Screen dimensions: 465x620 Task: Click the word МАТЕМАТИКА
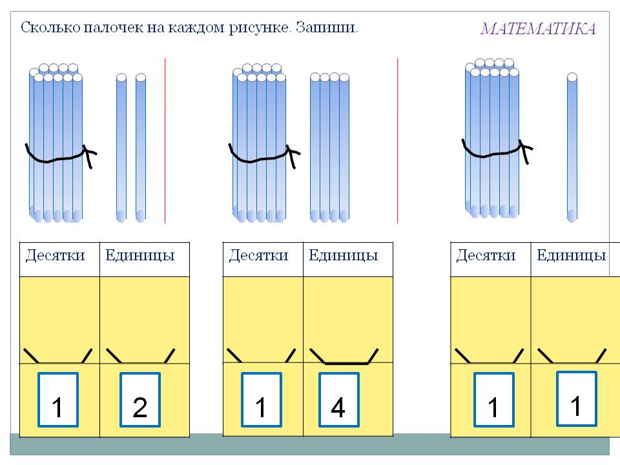tap(538, 29)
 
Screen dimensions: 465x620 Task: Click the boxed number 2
tap(140, 400)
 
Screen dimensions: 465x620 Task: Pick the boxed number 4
tap(338, 400)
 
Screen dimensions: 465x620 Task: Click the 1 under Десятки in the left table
tap(57, 400)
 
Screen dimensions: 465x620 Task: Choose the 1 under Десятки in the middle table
tap(261, 400)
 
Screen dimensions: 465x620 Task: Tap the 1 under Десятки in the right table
tap(493, 400)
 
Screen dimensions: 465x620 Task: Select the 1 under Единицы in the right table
tap(576, 398)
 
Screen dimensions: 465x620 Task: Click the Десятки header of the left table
tap(56, 255)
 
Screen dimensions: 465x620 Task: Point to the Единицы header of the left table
tap(140, 255)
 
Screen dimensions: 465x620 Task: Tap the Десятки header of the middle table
tap(259, 255)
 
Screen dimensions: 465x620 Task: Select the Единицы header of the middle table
tap(344, 255)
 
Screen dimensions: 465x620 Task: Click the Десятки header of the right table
tap(486, 255)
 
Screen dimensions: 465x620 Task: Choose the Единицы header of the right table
tap(572, 255)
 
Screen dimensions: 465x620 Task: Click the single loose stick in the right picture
tap(572, 149)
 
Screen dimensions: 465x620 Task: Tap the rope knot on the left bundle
tap(89, 155)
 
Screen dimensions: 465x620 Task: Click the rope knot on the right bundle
tap(526, 151)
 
